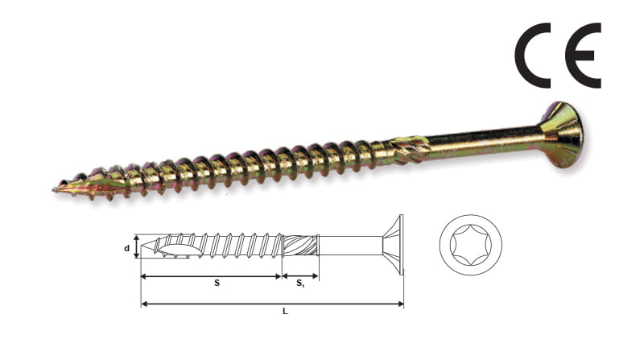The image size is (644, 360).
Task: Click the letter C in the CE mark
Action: pyautogui.click(x=521, y=56)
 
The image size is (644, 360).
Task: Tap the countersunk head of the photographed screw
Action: pyautogui.click(x=562, y=134)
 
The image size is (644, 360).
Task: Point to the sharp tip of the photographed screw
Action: pyautogui.click(x=53, y=189)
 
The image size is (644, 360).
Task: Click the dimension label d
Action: pyautogui.click(x=127, y=248)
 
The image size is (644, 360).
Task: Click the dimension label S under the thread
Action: pyautogui.click(x=217, y=283)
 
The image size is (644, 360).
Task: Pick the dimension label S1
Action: pyautogui.click(x=300, y=283)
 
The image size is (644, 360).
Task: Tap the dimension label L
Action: pyautogui.click(x=285, y=312)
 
